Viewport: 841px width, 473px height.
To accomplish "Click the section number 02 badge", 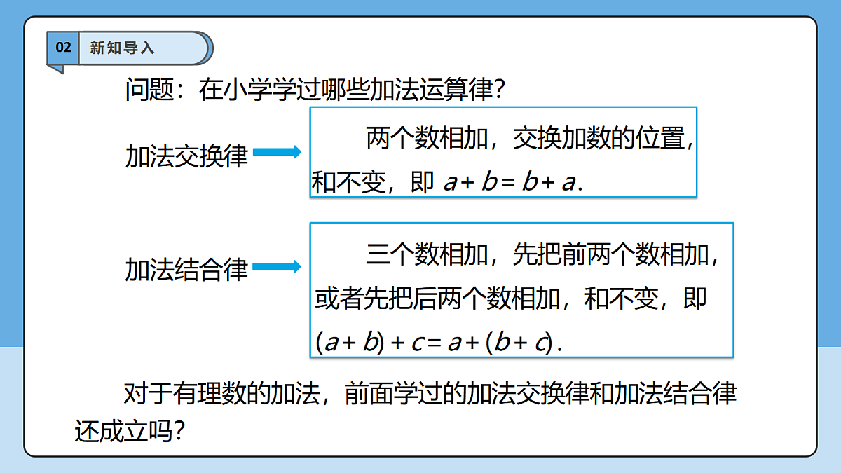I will click(63, 48).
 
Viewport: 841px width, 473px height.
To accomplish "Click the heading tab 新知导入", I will click(123, 48).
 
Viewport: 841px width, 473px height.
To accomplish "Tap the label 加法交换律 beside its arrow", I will click(186, 156).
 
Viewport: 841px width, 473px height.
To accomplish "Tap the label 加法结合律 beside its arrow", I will click(186, 270).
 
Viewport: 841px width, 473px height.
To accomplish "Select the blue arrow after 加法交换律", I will click(277, 152).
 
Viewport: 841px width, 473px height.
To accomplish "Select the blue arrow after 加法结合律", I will click(277, 266).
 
